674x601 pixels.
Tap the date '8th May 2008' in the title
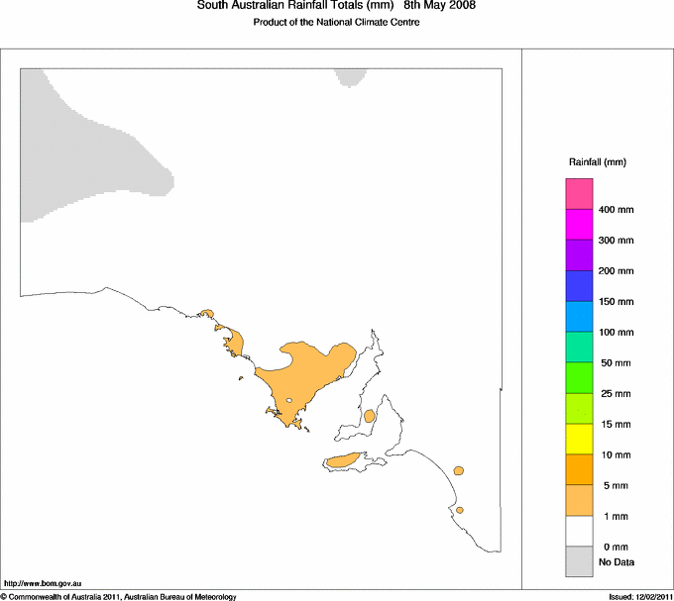440,5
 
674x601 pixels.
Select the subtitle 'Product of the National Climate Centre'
336,23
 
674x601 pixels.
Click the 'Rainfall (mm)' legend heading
598,161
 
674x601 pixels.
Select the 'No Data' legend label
617,562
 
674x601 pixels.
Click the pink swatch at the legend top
579,194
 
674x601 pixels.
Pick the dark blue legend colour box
579,286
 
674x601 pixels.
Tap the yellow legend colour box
579,439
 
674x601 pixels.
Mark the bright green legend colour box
579,377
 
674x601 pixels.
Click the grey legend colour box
579,561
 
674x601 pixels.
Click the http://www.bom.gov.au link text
44,584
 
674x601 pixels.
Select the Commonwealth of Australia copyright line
119,596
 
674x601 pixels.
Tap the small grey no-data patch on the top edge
351,75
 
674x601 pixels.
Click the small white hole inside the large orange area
289,401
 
